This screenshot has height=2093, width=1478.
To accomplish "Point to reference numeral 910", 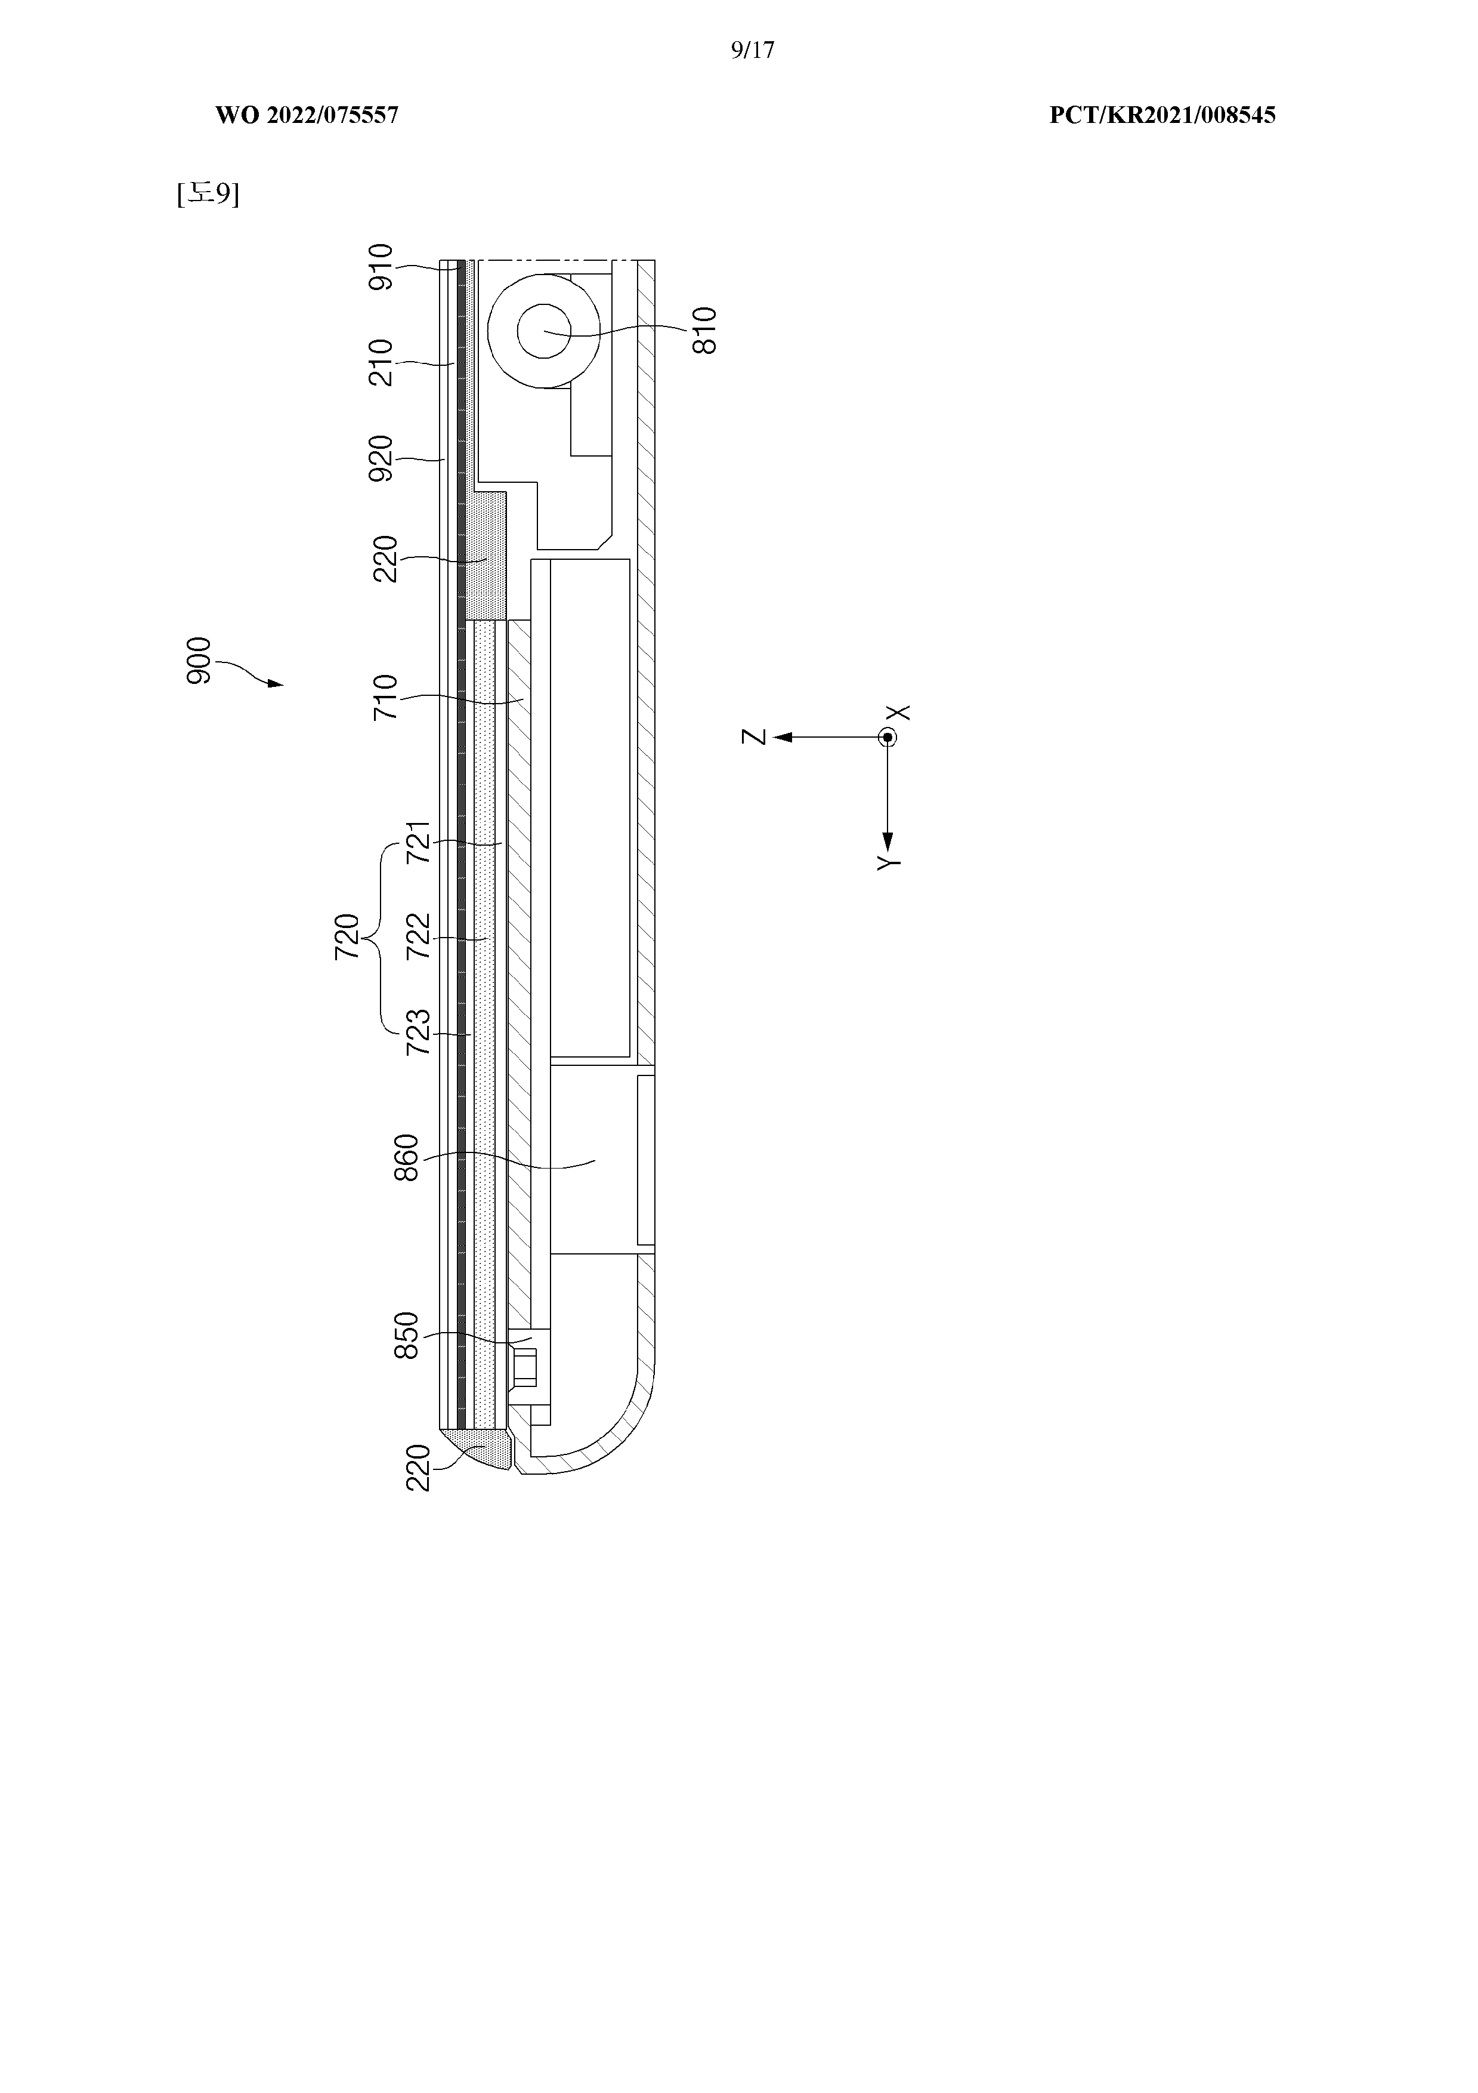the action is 381,266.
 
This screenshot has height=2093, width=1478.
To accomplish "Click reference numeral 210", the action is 381,363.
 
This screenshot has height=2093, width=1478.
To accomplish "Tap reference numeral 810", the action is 704,330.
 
